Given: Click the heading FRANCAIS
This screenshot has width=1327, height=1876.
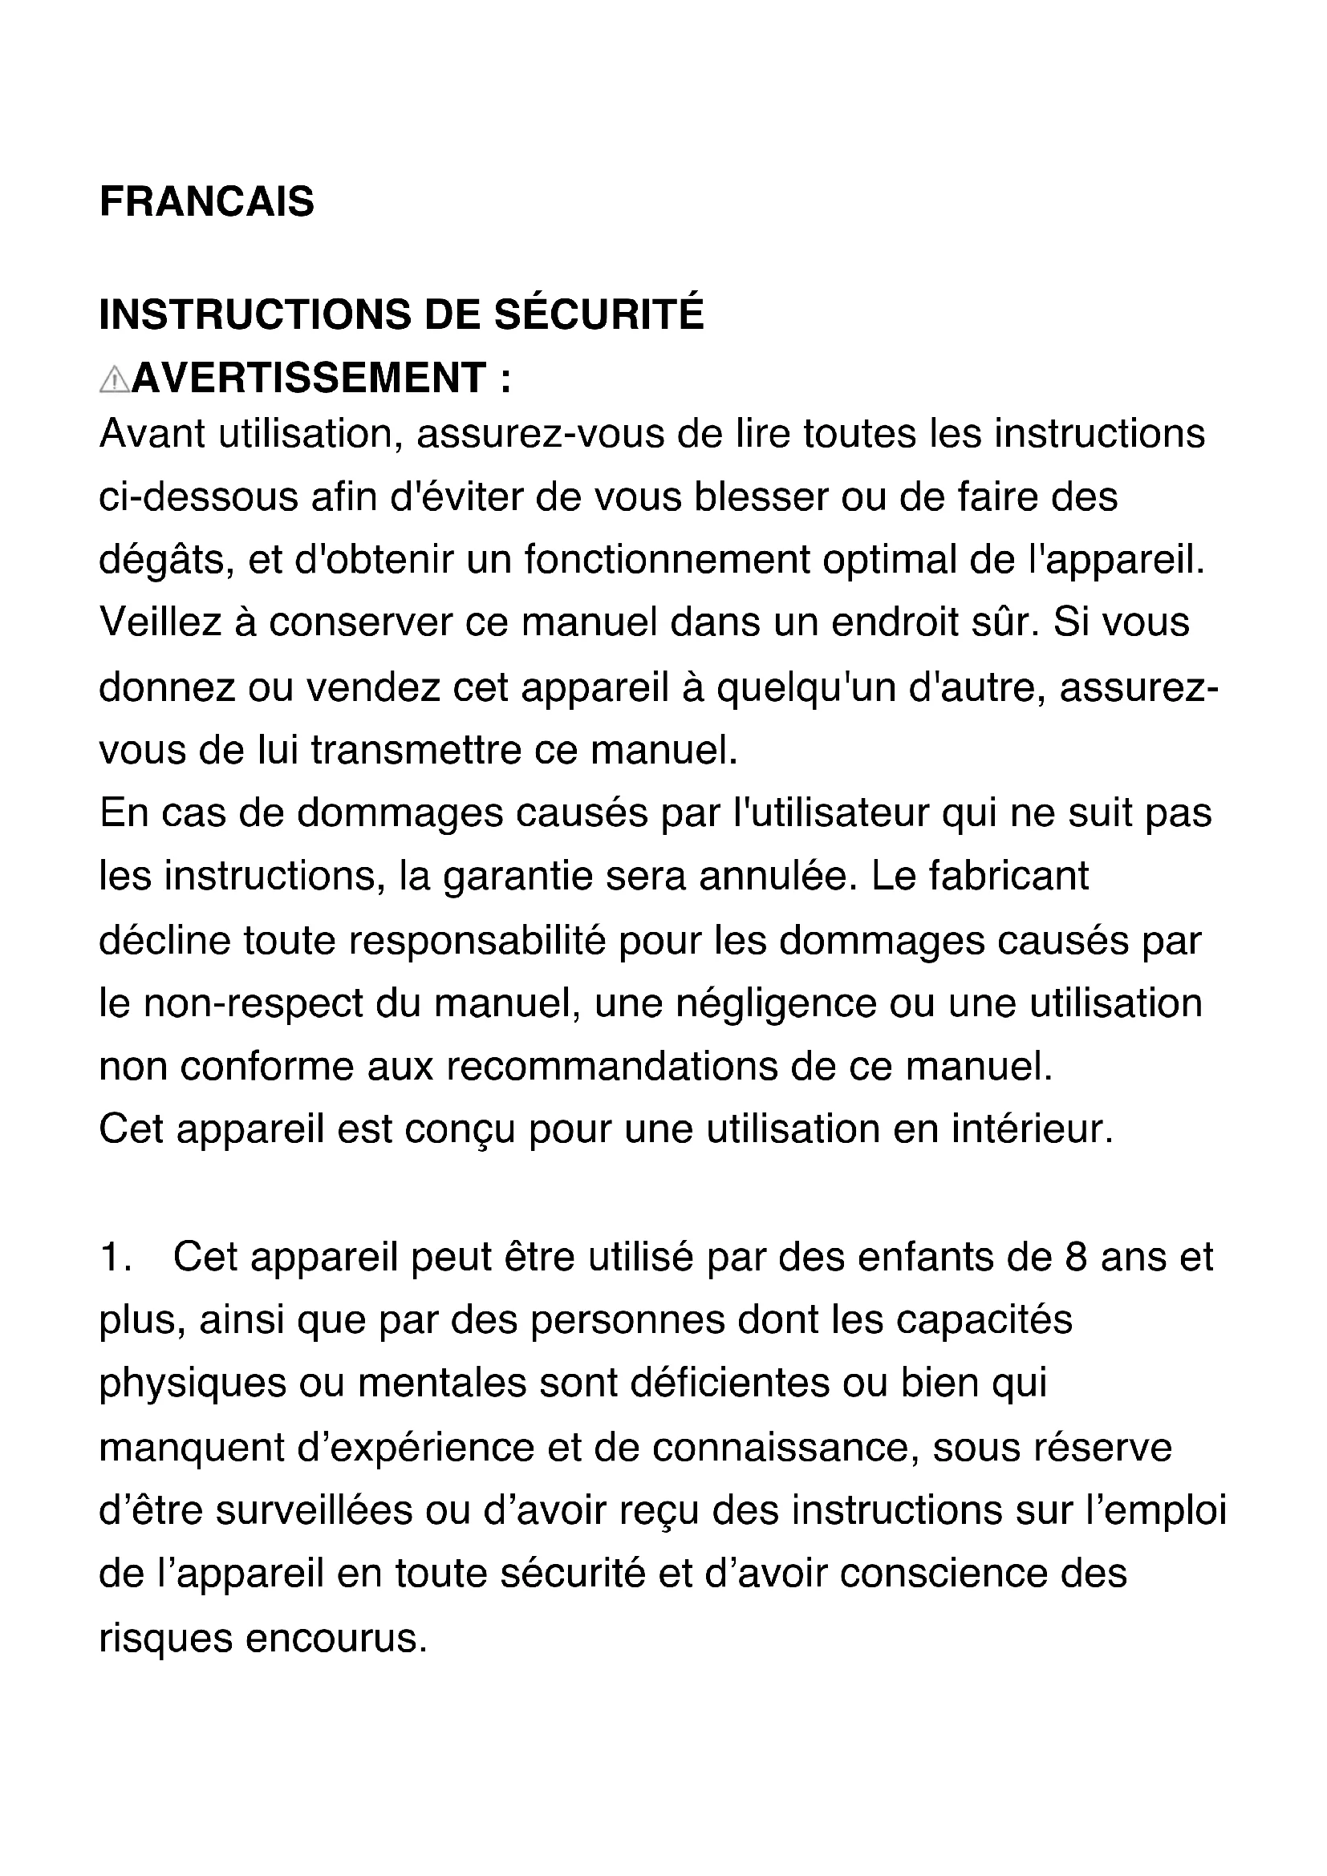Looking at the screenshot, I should point(206,202).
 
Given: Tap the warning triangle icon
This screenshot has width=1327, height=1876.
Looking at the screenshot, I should point(114,380).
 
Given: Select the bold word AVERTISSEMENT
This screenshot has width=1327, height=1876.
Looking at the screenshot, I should point(310,379).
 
